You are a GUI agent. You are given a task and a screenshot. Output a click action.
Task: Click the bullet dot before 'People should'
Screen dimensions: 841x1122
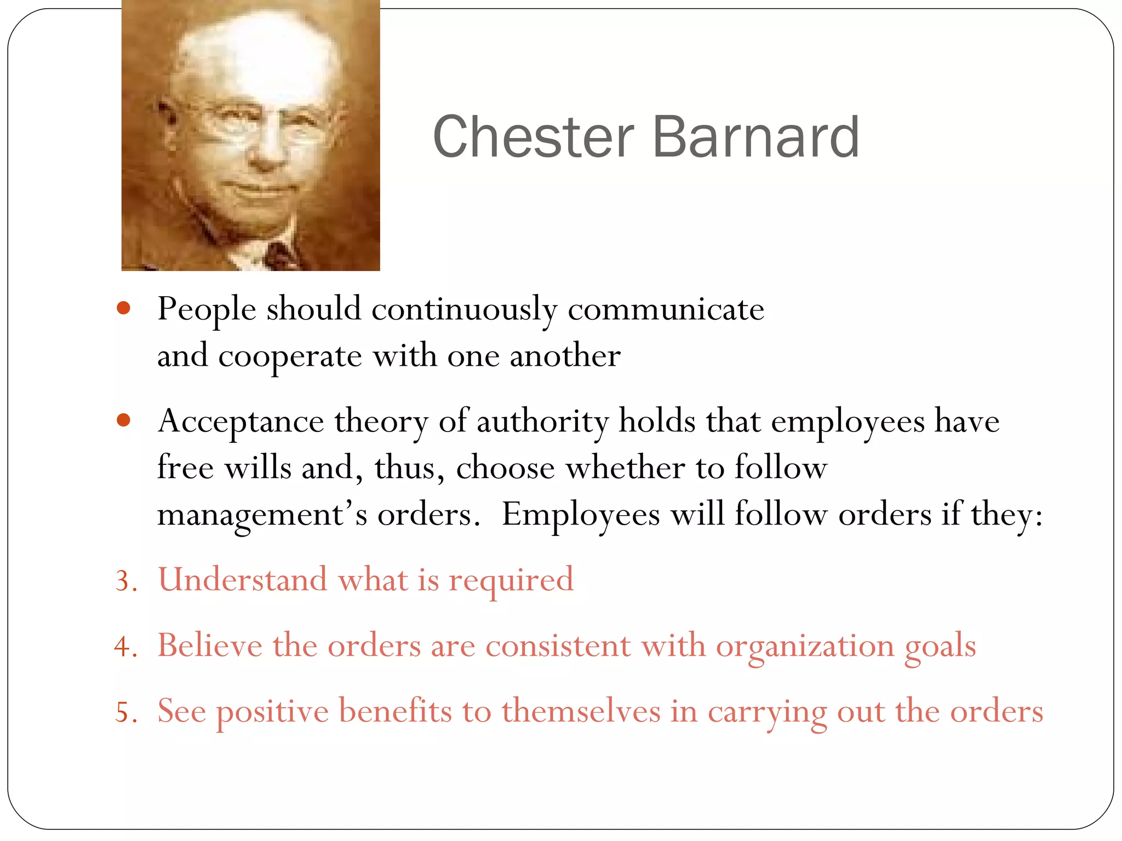pyautogui.click(x=124, y=308)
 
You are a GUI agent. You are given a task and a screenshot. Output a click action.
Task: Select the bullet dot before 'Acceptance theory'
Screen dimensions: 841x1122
pyautogui.click(x=124, y=420)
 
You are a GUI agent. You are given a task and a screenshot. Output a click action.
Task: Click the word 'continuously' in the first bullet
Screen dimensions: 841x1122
pyautogui.click(x=464, y=310)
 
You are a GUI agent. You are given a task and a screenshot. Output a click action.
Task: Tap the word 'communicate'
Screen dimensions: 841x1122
pyautogui.click(x=666, y=310)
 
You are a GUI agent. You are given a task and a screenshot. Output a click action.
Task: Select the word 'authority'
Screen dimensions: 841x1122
pyautogui.click(x=542, y=422)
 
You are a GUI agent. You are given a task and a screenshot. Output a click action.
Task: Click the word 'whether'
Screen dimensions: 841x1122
pyautogui.click(x=625, y=469)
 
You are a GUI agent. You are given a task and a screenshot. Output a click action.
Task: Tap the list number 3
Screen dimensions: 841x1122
pyautogui.click(x=125, y=581)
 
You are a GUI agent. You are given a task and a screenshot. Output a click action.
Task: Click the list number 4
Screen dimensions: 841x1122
pyautogui.click(x=125, y=647)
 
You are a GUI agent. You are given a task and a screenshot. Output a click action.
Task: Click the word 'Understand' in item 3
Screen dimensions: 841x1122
pyautogui.click(x=242, y=580)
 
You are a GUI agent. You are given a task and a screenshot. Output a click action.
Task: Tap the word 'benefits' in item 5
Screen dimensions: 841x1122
pyautogui.click(x=395, y=712)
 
